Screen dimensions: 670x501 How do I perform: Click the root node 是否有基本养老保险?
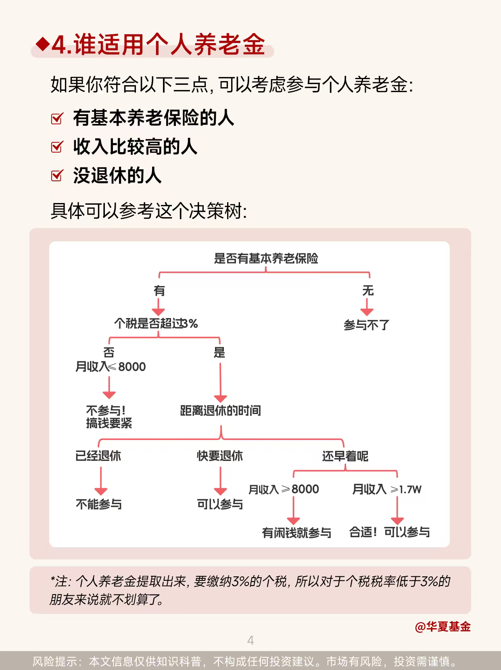coord(266,258)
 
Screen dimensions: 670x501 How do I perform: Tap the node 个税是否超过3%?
coord(156,323)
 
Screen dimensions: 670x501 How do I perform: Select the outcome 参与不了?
coord(366,325)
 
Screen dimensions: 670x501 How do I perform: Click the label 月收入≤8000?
coord(111,366)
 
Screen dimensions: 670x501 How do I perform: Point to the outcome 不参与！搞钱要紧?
coord(109,417)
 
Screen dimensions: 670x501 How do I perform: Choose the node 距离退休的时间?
coord(220,410)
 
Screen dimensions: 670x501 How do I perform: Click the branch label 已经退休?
coord(98,456)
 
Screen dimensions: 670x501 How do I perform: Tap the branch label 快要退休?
coord(220,456)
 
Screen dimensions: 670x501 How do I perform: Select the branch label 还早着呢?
coord(345,456)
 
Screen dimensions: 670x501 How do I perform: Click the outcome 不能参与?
coord(99,504)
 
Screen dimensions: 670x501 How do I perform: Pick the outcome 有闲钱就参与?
coord(296,533)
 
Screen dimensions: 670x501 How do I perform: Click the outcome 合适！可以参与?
coord(389,532)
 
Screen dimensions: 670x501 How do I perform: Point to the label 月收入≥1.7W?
coord(386,489)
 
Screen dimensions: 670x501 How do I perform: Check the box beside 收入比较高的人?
coord(57,147)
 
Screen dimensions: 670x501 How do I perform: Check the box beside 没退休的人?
coord(57,176)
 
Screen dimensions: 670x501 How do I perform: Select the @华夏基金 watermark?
coord(443,626)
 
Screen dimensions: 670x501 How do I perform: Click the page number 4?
coord(250,640)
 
